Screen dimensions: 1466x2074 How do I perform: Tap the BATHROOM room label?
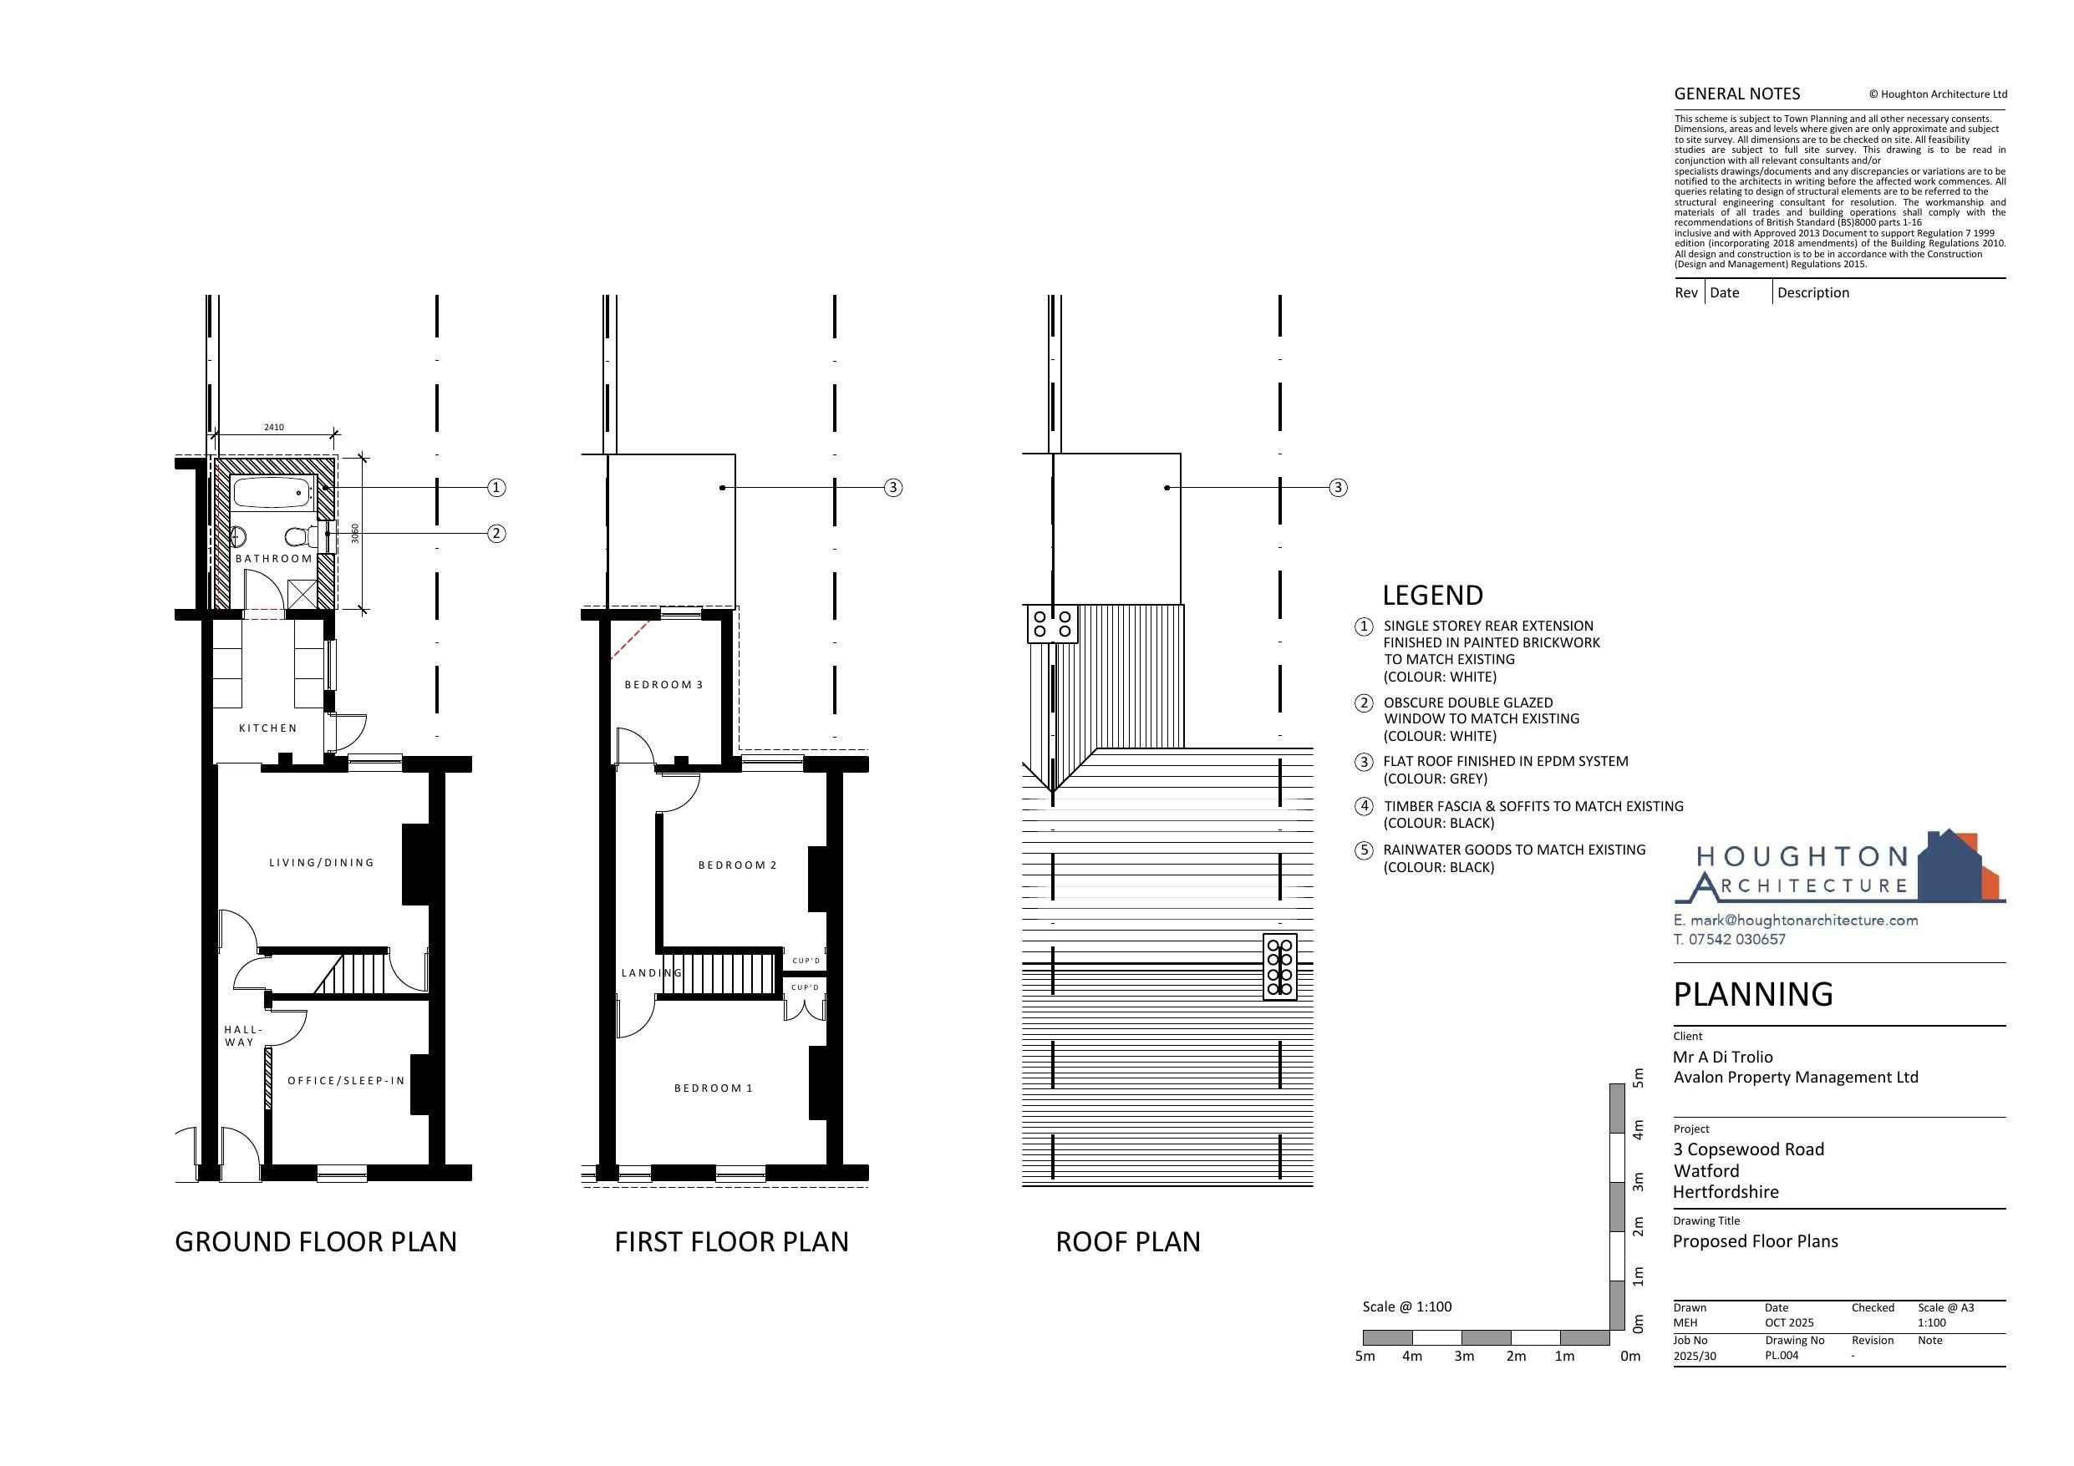tap(274, 558)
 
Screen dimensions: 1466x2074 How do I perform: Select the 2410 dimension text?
tap(274, 427)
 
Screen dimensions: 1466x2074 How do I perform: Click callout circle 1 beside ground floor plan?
tap(496, 488)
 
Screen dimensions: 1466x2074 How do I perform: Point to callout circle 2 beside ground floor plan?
tap(496, 533)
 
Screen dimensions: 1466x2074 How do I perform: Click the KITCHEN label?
tap(267, 728)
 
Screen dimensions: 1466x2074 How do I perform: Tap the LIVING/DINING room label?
tap(322, 863)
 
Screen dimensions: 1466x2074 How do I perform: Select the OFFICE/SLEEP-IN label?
tap(346, 1080)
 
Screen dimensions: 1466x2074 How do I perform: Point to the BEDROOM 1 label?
tap(714, 1088)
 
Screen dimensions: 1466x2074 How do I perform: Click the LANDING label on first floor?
tap(651, 973)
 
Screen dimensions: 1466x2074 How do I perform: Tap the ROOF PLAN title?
tap(1128, 1242)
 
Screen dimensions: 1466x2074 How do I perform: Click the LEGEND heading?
tap(1432, 596)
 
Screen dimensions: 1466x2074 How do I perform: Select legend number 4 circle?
tap(1364, 806)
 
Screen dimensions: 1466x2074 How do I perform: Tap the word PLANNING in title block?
tap(1753, 995)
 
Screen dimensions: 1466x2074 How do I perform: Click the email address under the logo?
tap(1795, 921)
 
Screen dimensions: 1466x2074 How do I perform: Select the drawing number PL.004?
tap(1782, 1355)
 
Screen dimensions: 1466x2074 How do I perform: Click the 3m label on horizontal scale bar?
tap(1464, 1356)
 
